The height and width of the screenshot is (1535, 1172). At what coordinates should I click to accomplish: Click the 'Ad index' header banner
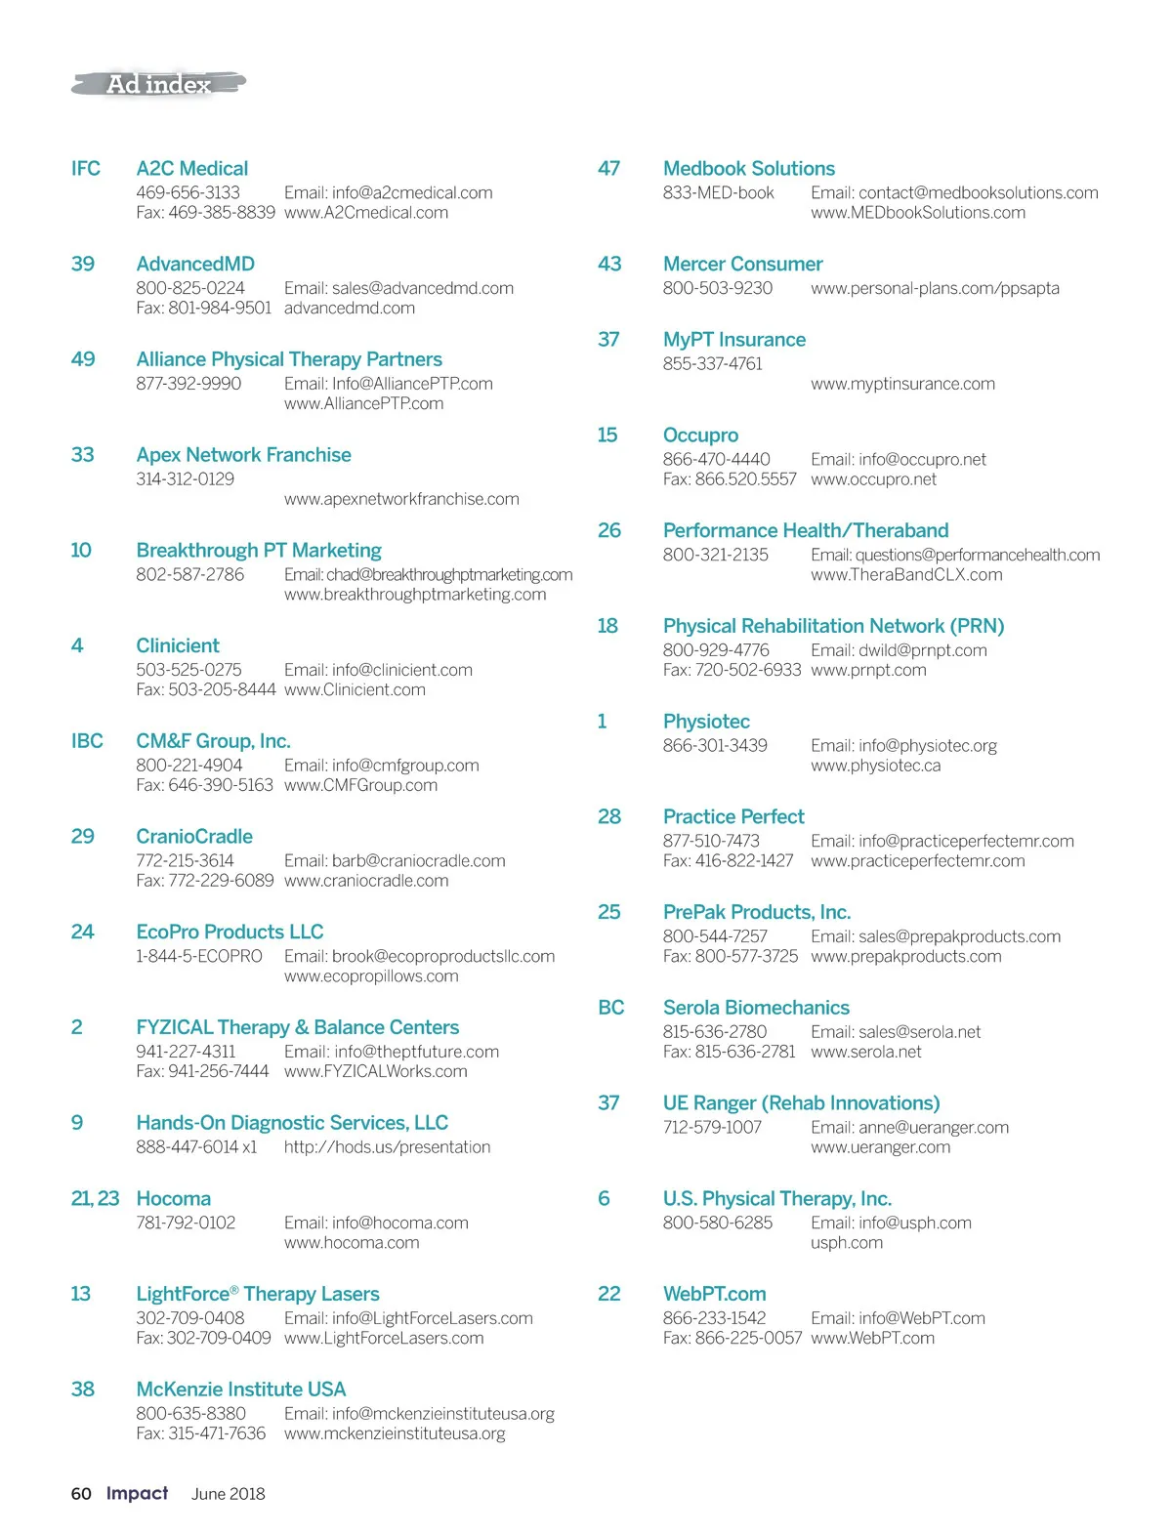tap(158, 85)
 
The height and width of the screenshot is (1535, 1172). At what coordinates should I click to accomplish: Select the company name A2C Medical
tap(192, 169)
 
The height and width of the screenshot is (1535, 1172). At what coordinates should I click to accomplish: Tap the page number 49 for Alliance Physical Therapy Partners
tap(83, 359)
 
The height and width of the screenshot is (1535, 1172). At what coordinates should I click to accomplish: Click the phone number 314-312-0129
tap(186, 479)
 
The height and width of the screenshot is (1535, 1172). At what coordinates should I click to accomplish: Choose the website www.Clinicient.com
tap(355, 690)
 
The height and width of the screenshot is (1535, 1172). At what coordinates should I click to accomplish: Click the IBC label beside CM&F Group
tap(87, 741)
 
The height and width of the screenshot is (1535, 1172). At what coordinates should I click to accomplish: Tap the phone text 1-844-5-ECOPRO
tap(199, 957)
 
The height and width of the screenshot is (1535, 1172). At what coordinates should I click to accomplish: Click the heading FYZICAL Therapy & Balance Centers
tap(298, 1027)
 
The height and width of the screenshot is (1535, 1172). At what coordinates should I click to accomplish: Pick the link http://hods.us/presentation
tap(388, 1147)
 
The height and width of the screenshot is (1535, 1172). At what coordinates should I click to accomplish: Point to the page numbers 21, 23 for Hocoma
tap(95, 1199)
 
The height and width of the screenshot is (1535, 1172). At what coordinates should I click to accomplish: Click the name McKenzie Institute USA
tap(241, 1390)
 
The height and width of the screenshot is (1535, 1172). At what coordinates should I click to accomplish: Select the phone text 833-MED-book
tap(719, 193)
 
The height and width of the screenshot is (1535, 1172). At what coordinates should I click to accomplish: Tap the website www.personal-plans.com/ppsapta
tap(935, 289)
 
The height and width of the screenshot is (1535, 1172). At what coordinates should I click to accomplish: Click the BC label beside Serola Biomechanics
tap(611, 1008)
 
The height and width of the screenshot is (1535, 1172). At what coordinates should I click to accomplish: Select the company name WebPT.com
tap(715, 1294)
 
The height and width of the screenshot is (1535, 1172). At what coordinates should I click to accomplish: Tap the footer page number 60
tap(81, 1494)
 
